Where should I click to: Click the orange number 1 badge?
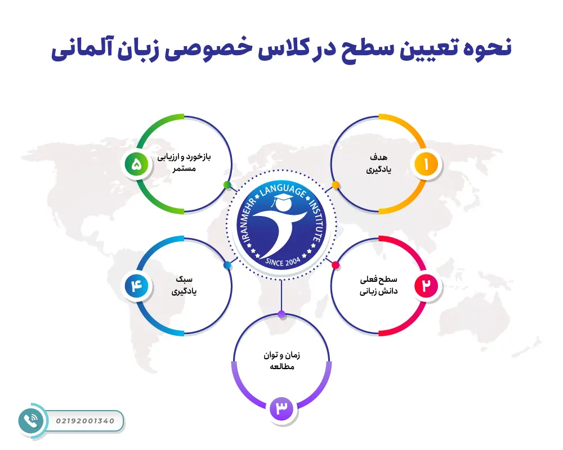point(426,164)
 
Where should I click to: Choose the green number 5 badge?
point(136,165)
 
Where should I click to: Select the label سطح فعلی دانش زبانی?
point(378,286)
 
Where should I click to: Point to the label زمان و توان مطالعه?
point(281,361)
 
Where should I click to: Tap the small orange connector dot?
point(336,184)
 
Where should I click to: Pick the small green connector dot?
point(227,184)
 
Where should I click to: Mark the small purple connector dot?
point(281,313)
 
